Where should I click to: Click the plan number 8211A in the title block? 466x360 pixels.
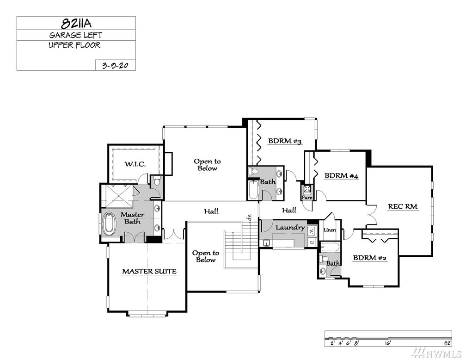coord(76,23)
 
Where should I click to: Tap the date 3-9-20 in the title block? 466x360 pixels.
coord(115,65)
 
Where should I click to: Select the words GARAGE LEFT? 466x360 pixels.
coord(75,35)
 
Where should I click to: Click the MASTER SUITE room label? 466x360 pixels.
coord(149,271)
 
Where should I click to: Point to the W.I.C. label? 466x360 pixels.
coord(135,164)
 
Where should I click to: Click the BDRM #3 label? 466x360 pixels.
coord(285,141)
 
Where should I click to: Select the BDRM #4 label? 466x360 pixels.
coord(341,175)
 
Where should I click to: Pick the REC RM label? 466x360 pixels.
coord(403,206)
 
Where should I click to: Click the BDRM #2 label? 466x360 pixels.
coord(369,258)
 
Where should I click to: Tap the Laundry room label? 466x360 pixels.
coord(290,228)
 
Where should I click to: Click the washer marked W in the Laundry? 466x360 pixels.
coord(311,230)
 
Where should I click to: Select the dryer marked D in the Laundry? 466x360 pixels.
coord(311,242)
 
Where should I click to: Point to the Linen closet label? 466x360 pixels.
coord(330,230)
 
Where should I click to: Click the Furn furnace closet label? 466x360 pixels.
coord(307,198)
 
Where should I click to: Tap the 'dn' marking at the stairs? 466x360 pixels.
coord(249,217)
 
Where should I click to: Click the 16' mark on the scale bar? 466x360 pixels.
coord(388,343)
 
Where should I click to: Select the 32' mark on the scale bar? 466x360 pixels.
coord(448,343)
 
